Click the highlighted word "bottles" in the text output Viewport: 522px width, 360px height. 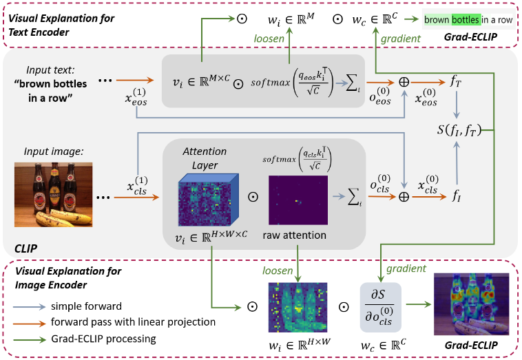click(466, 20)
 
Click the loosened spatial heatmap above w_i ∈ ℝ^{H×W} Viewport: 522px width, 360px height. click(297, 304)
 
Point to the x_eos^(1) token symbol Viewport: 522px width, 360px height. click(137, 100)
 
